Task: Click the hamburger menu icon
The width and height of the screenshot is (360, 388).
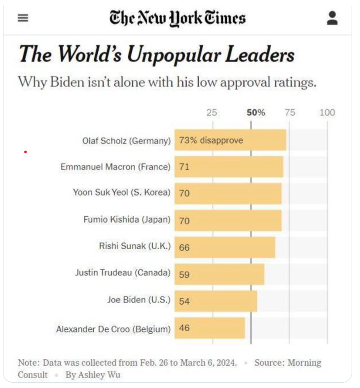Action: tap(23, 18)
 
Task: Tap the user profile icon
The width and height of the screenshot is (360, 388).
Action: tap(332, 18)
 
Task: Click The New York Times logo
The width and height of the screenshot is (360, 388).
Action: tap(178, 19)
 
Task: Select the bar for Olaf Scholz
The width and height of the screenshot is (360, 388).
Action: tap(230, 140)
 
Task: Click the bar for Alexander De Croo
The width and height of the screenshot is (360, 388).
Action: tap(210, 328)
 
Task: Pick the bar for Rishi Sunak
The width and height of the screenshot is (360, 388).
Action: tap(225, 247)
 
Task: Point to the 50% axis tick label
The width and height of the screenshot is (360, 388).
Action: tap(255, 113)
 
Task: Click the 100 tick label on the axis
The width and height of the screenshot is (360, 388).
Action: tap(327, 113)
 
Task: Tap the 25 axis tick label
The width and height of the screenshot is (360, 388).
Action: tap(212, 113)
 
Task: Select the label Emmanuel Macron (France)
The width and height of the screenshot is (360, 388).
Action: tap(115, 167)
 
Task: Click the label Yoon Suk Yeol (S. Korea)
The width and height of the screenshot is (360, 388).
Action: tap(121, 193)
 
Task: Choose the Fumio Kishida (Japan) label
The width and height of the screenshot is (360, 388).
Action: tap(127, 220)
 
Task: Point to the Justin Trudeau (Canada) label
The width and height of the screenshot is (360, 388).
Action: tap(123, 272)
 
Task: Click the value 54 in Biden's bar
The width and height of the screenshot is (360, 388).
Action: tap(184, 301)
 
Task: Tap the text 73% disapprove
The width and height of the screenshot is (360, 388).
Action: tap(211, 140)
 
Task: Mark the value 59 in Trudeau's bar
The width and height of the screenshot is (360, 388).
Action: tap(184, 274)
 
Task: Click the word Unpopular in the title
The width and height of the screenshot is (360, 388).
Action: tap(173, 54)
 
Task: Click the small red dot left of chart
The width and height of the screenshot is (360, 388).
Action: tap(25, 152)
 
